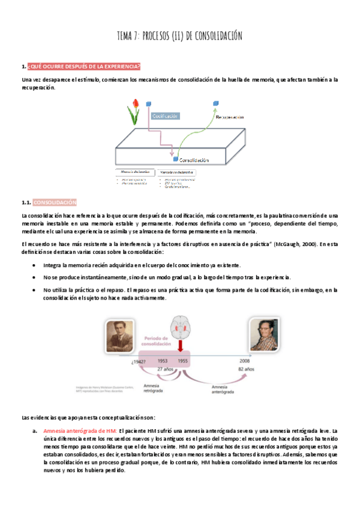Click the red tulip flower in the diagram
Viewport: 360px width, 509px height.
(134, 110)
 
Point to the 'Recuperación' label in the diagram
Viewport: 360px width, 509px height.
(230, 116)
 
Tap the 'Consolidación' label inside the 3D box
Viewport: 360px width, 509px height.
(193, 160)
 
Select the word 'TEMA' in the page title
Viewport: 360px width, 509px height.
(127, 37)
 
